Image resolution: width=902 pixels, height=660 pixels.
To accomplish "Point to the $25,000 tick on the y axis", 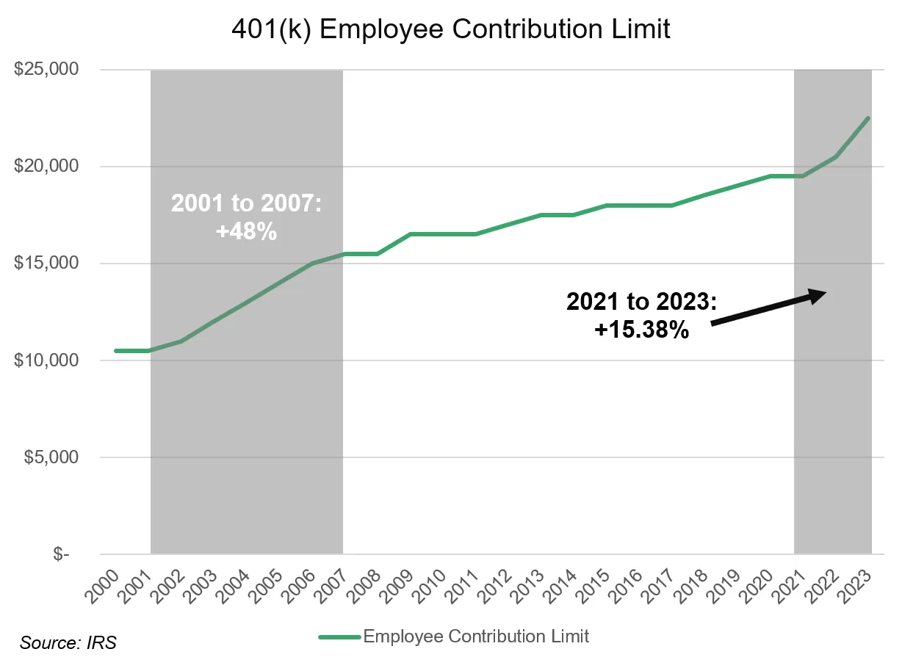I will click(x=46, y=70).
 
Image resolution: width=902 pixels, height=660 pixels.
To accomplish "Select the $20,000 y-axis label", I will click(x=46, y=167).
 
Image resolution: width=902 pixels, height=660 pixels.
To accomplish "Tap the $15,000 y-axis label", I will click(x=46, y=264).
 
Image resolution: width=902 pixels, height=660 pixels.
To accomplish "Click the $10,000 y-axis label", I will click(x=46, y=360).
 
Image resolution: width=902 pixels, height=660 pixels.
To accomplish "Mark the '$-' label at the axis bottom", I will click(x=62, y=554).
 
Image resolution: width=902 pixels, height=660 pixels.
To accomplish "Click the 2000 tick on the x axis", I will click(x=105, y=580).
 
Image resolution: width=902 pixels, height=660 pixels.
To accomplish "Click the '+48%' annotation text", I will click(x=246, y=232).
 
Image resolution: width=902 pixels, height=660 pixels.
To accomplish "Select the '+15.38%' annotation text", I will click(x=641, y=330).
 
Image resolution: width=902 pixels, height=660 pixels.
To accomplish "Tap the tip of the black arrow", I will click(x=826, y=292).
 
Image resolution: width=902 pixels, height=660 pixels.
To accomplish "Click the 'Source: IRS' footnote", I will click(x=68, y=644).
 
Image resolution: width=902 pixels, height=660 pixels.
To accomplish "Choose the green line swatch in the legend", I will click(x=339, y=637).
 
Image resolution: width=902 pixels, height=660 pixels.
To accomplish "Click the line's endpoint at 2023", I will click(x=869, y=118).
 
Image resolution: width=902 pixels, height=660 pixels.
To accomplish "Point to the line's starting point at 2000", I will click(x=116, y=351).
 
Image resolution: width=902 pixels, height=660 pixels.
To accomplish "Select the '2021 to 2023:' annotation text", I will click(x=641, y=302).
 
